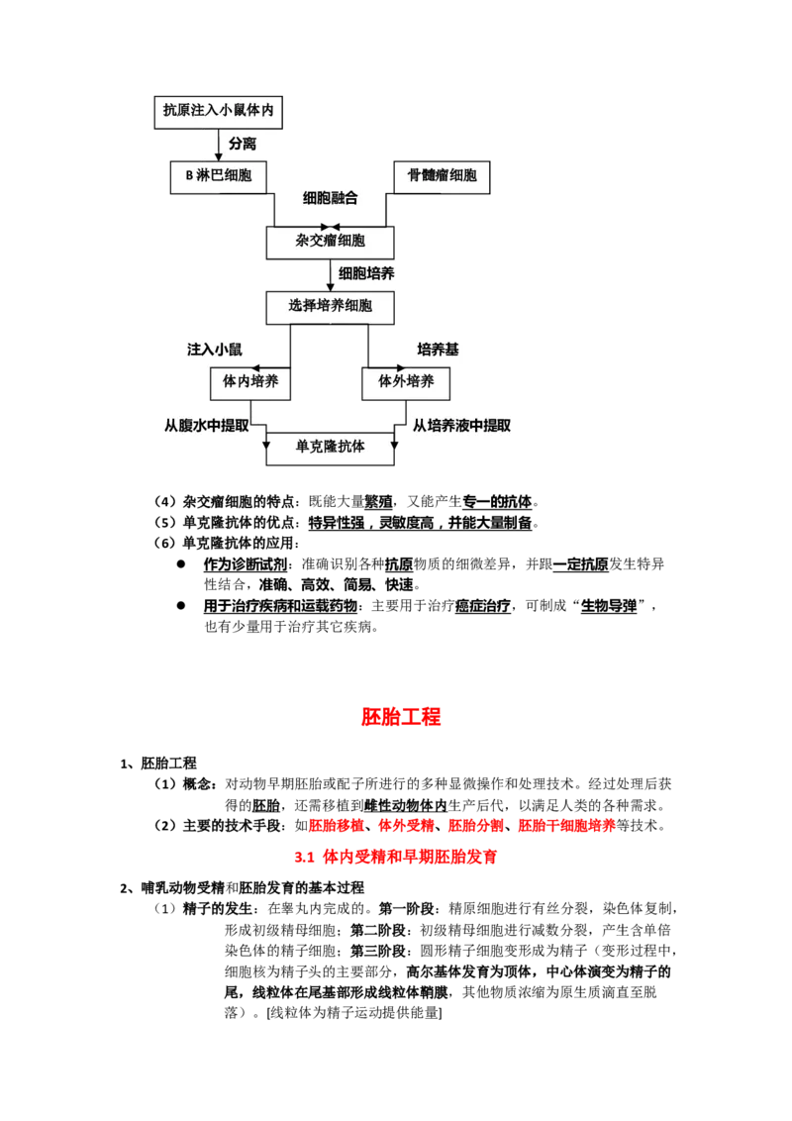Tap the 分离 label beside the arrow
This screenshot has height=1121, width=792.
(243, 144)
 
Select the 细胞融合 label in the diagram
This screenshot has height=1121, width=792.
(331, 198)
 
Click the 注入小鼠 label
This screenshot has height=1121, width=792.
(215, 350)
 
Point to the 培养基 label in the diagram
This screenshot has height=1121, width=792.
(438, 350)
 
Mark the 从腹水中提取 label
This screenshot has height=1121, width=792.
(207, 426)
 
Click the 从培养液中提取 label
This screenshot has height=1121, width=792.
(461, 426)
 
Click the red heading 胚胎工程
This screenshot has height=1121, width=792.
(400, 717)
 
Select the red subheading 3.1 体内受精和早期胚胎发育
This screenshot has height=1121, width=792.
(395, 857)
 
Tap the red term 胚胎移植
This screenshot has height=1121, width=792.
(336, 826)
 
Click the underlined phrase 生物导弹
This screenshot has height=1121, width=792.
(608, 606)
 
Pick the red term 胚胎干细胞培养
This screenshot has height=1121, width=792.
(567, 826)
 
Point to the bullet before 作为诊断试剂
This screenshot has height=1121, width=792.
(181, 564)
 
